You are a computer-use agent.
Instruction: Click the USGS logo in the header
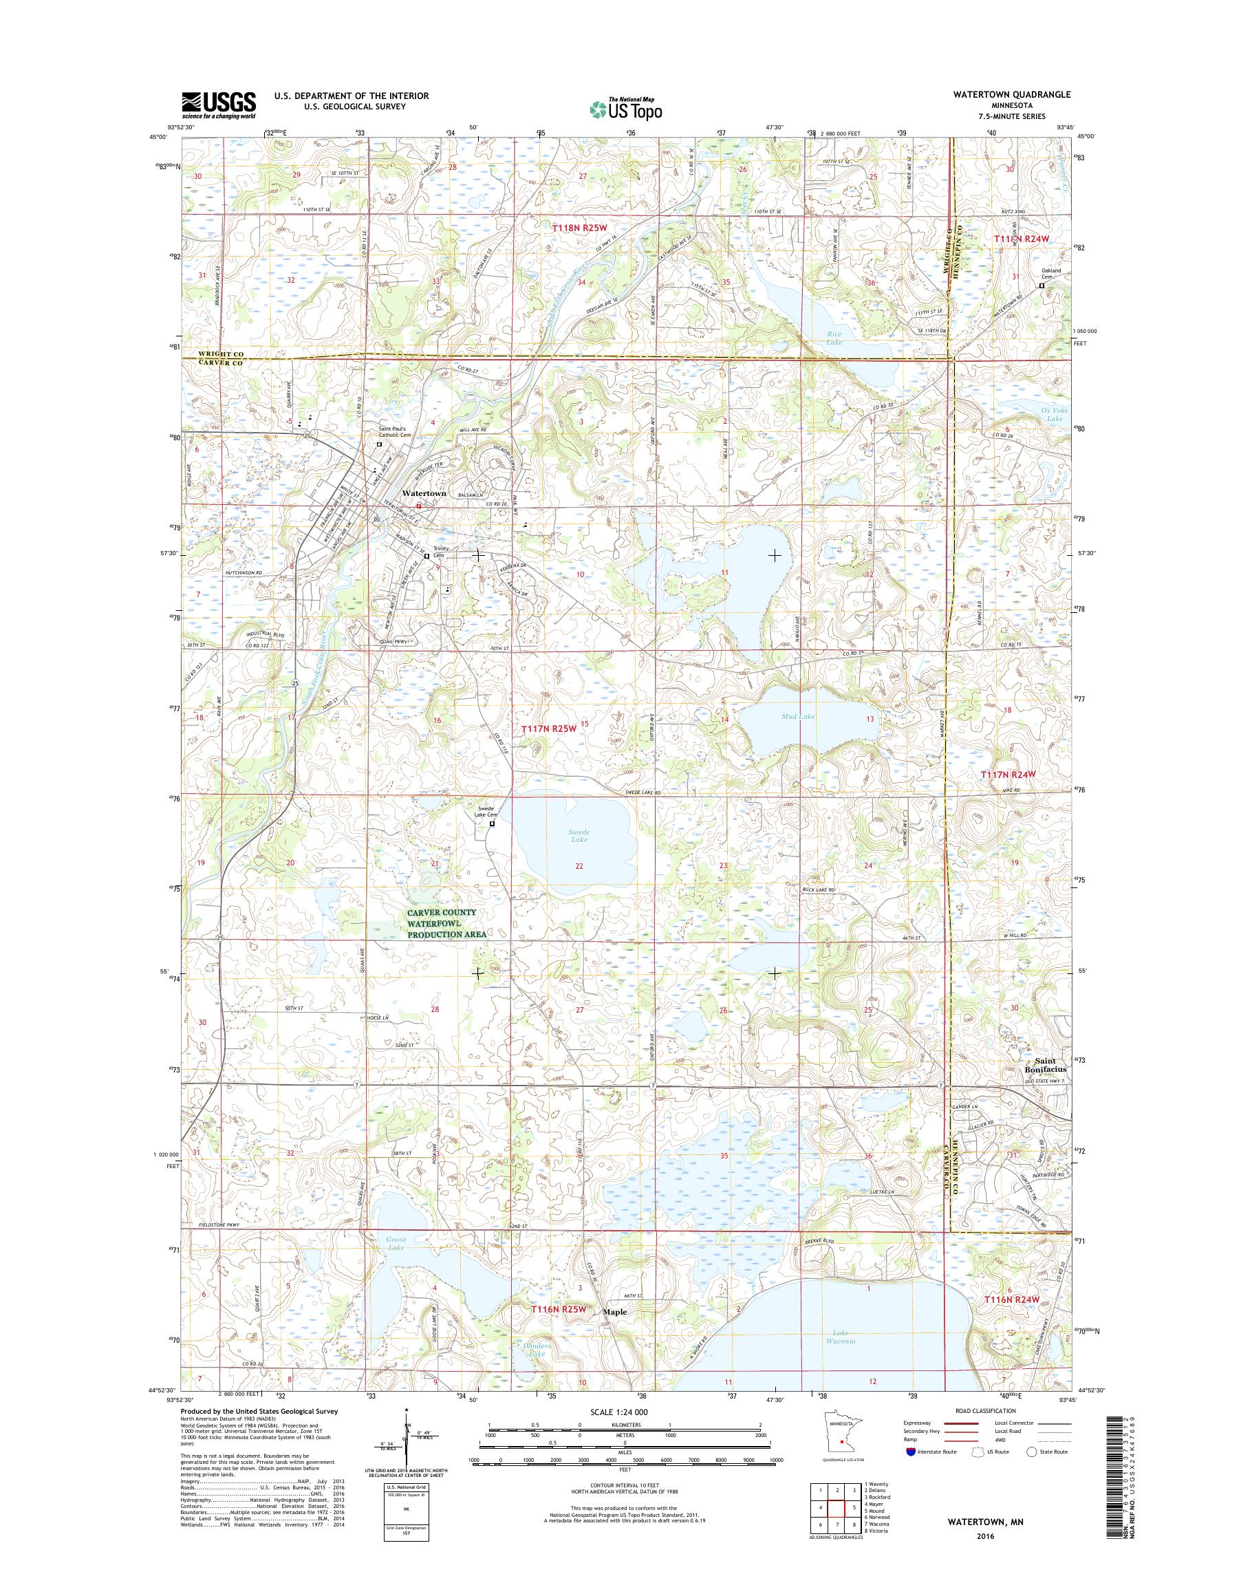(219, 105)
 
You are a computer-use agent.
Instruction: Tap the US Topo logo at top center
(625, 109)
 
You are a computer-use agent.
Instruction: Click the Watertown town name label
(423, 494)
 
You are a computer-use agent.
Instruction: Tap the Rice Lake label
(834, 338)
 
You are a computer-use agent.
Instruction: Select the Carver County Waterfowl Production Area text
(442, 924)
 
